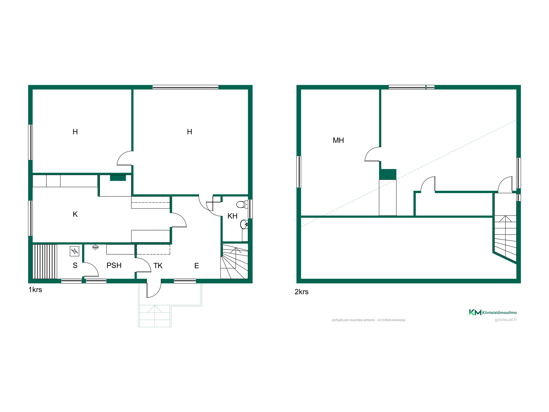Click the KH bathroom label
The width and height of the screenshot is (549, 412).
pos(232,216)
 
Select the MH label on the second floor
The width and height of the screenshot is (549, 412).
pos(338,140)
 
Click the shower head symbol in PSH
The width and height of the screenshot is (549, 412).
pos(95,247)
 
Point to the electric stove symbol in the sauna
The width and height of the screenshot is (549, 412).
pos(74,251)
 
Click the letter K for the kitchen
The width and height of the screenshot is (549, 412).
pos(75,214)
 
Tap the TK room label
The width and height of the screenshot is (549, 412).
pos(158,266)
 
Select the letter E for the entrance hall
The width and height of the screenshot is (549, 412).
pos(197,266)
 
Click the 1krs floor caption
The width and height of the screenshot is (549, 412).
pos(35,290)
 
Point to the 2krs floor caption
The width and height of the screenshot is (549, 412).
pos(301,292)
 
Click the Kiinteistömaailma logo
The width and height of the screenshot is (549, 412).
pos(493,312)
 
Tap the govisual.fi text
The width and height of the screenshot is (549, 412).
pos(506,319)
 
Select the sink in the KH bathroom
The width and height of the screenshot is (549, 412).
pos(244,224)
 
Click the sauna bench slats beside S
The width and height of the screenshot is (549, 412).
pos(45,261)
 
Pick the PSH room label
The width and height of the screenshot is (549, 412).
pos(114,265)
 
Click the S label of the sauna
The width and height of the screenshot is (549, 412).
pos(75,265)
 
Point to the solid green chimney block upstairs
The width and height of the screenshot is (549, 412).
pos(388,174)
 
